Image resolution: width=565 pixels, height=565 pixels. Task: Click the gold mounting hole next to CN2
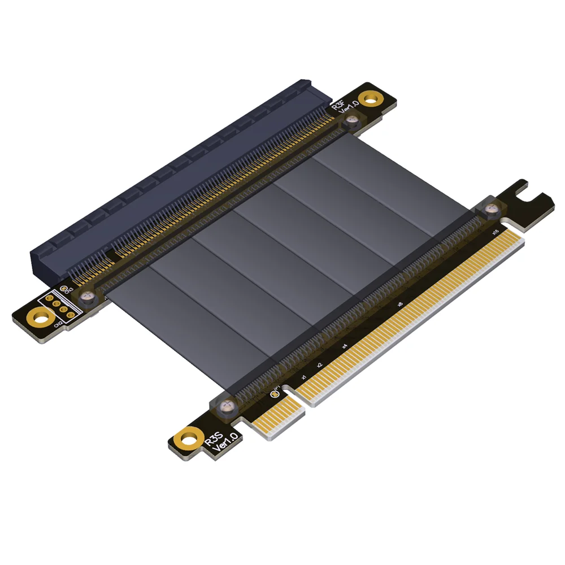pyautogui.click(x=40, y=317)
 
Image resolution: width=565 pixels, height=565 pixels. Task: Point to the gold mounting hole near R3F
pyautogui.click(x=370, y=99)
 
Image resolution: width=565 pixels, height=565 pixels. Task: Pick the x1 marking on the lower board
pyautogui.click(x=303, y=377)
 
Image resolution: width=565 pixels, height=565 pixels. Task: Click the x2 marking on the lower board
pyautogui.click(x=319, y=365)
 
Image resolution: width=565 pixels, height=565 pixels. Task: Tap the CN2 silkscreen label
pyautogui.click(x=58, y=325)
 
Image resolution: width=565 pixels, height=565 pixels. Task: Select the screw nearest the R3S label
pyautogui.click(x=227, y=405)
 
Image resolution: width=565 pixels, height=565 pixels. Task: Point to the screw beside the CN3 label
pyautogui.click(x=86, y=296)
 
